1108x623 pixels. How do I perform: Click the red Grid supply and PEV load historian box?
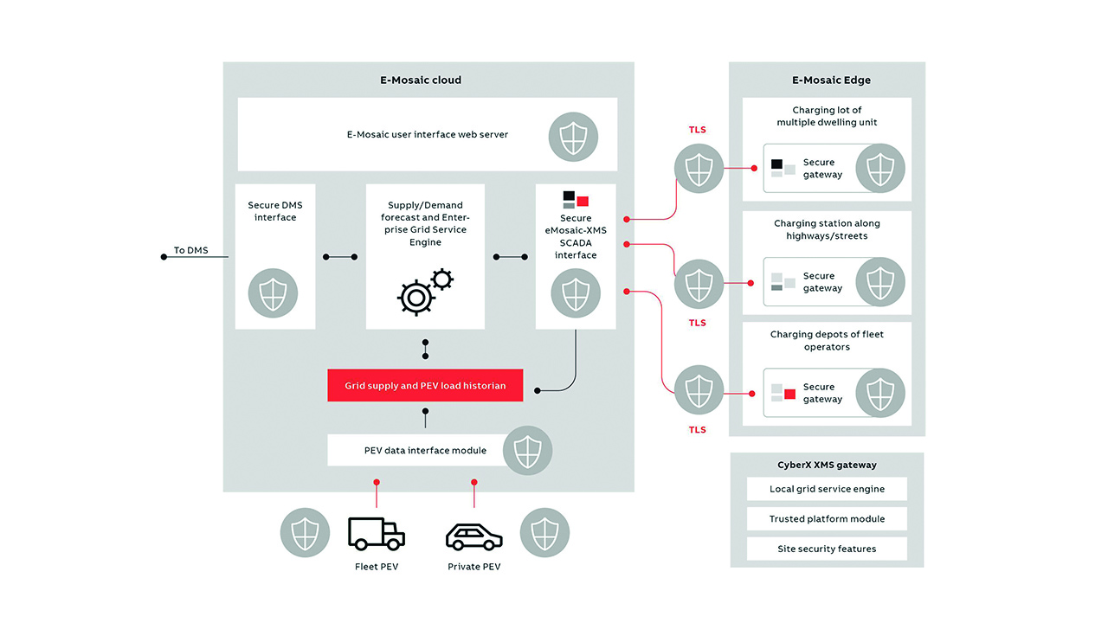425,385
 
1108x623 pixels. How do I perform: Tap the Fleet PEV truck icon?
376,534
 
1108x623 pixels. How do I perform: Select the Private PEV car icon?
473,537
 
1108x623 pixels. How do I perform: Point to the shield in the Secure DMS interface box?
274,293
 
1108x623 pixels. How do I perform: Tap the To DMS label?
191,250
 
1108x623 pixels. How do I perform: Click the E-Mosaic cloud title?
421,80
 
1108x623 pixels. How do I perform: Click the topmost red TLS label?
697,130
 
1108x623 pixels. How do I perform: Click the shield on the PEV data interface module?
528,450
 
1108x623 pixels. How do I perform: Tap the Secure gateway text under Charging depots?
821,393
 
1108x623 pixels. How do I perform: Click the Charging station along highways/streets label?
827,229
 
